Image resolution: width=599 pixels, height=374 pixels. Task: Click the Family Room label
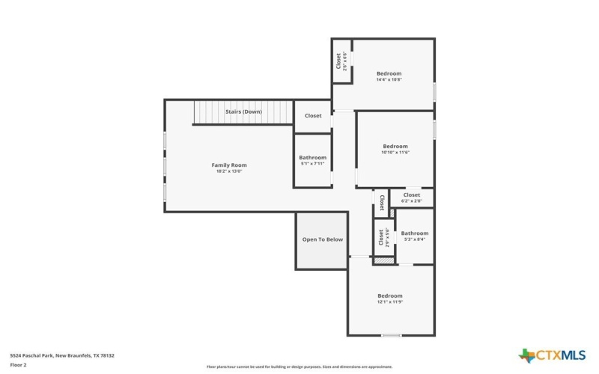point(228,165)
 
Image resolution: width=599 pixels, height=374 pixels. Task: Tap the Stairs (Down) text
point(243,111)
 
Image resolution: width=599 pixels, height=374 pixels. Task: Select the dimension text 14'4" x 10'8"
point(389,80)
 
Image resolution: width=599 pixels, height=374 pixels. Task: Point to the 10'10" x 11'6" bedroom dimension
point(395,153)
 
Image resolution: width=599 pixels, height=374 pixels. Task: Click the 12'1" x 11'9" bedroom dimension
point(389,302)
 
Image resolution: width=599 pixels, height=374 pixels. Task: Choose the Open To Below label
point(322,239)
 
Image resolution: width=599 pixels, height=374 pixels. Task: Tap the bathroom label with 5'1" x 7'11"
point(312,158)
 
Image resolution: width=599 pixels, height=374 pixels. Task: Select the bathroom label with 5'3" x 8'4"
point(414,233)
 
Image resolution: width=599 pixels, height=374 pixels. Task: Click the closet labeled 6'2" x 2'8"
point(411,195)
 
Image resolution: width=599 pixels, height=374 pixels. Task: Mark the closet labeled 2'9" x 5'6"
point(381,238)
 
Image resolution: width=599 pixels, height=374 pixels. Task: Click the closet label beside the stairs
point(312,116)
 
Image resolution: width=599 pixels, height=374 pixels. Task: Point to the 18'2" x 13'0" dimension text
point(228,171)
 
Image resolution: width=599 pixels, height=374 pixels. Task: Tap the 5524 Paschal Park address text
point(61,355)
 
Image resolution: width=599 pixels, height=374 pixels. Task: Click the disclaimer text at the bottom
point(299,367)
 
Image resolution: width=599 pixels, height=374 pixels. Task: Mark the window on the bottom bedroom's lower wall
point(391,335)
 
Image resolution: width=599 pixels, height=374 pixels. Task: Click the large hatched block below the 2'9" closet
point(383,260)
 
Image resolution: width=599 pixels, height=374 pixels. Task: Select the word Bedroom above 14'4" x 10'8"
point(389,73)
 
